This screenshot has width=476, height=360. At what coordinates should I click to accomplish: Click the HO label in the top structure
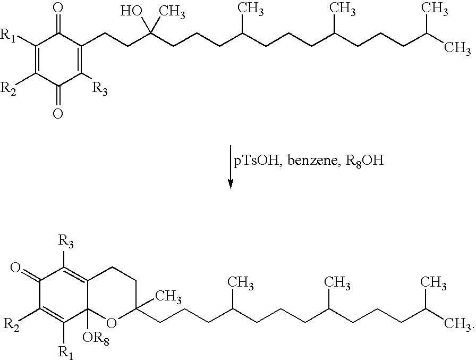pyautogui.click(x=131, y=12)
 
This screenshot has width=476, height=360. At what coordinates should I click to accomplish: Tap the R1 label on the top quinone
pyautogui.click(x=8, y=35)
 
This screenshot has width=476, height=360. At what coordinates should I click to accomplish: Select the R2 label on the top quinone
pyautogui.click(x=8, y=89)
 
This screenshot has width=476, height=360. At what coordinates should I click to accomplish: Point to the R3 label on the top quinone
pyautogui.click(x=100, y=89)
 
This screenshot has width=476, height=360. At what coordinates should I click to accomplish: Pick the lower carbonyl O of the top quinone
pyautogui.click(x=58, y=114)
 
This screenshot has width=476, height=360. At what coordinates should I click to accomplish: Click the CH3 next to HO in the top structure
pyautogui.click(x=172, y=13)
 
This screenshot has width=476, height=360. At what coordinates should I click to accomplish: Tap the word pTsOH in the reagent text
pyautogui.click(x=256, y=161)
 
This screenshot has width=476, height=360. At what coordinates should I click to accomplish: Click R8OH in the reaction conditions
pyautogui.click(x=365, y=161)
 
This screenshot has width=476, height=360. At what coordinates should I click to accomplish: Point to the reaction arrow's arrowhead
pyautogui.click(x=231, y=184)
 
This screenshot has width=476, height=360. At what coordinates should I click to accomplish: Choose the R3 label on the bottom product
pyautogui.click(x=66, y=242)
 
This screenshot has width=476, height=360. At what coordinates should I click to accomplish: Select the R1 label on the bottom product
pyautogui.click(x=65, y=353)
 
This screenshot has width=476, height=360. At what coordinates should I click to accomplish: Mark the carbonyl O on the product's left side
pyautogui.click(x=15, y=268)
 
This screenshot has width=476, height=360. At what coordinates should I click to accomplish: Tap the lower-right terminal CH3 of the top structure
pyautogui.click(x=458, y=48)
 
